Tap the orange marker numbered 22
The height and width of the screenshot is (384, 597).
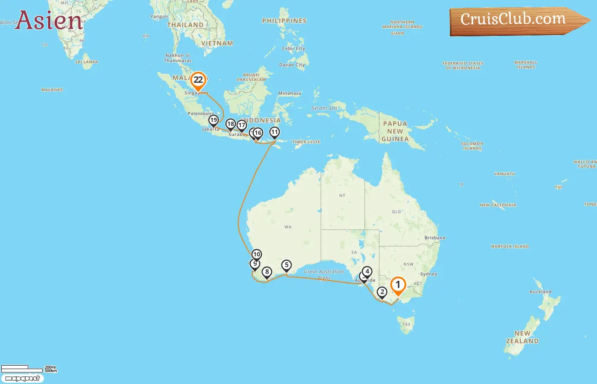pos(198,80)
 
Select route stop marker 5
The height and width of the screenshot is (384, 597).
pos(287,265)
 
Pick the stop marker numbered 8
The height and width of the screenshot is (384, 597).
pos(267,272)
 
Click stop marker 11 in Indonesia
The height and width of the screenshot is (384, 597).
pos(275,132)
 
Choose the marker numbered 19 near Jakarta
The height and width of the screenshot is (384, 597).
pos(214,120)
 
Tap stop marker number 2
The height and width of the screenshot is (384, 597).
pos(382,292)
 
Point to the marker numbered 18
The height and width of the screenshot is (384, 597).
pos(230,124)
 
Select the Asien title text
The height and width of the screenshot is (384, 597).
pos(49,20)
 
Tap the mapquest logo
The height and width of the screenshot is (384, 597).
pos(22,378)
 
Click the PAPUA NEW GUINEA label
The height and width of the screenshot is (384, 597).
pos(395,131)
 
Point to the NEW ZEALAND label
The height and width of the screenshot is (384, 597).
pos(522,337)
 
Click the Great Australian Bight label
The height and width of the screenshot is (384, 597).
pos(324,274)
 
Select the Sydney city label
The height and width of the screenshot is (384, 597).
pos(429,274)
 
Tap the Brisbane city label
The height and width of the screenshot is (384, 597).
pos(435,238)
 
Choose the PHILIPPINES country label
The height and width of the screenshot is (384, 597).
pos(284,20)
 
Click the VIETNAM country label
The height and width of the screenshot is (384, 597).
pos(217,43)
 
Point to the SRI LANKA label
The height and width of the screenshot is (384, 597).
pos(87,62)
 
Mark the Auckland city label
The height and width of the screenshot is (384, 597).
pos(540,292)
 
